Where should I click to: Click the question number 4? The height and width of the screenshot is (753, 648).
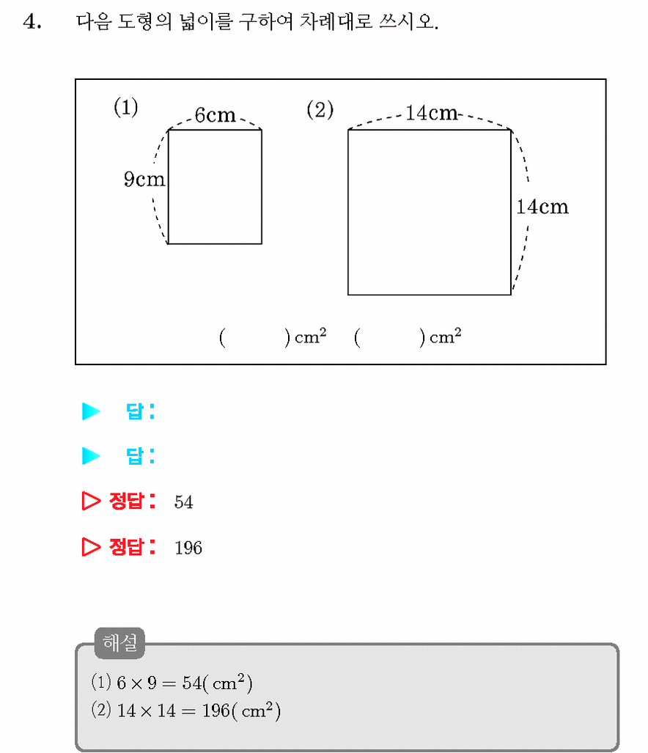[32, 22]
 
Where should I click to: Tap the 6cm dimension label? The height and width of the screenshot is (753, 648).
[215, 115]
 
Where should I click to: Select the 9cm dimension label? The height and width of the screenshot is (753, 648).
[144, 179]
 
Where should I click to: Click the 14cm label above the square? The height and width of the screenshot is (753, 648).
[432, 113]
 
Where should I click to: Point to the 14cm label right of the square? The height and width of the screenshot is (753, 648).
[542, 207]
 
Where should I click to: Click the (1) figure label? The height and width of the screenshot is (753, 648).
[126, 106]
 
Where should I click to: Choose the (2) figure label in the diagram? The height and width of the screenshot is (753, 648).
[320, 109]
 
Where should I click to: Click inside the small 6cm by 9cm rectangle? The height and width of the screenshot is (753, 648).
[215, 187]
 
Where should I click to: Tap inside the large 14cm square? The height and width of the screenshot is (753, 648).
[430, 212]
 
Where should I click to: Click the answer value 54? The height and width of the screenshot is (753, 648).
[183, 502]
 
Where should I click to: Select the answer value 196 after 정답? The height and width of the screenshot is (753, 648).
[188, 548]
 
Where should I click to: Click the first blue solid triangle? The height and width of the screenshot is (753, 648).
[91, 411]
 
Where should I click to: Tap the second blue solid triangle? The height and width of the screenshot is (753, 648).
[91, 456]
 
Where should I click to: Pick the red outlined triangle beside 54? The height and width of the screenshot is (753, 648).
[91, 501]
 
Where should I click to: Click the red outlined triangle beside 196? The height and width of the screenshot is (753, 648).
[91, 547]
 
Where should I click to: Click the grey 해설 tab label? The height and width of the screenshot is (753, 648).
[120, 643]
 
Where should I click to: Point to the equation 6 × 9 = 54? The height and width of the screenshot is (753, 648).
[159, 683]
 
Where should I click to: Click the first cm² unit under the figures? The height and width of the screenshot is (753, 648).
[311, 336]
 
